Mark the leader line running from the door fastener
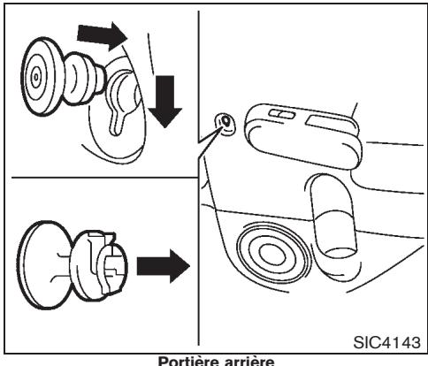coord(210,141)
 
